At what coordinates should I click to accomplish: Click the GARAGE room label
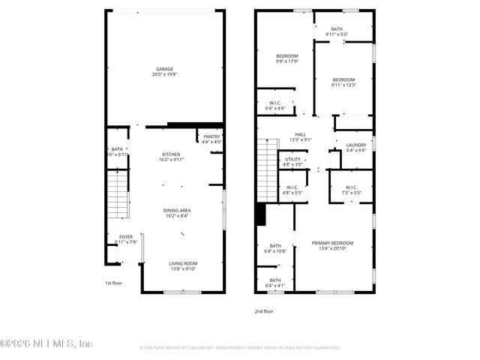164,69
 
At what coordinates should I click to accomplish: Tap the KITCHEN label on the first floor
171,154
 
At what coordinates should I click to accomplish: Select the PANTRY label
211,136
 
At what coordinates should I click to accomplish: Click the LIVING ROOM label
182,263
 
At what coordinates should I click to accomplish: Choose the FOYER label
126,237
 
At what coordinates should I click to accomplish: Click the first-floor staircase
118,193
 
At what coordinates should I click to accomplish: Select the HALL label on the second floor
301,134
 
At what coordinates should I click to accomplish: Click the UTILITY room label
292,159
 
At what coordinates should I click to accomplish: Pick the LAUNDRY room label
355,145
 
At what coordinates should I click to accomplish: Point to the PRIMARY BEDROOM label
332,243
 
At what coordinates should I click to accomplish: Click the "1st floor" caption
113,283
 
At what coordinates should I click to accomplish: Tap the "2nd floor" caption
263,310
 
